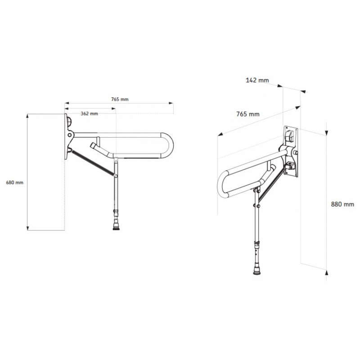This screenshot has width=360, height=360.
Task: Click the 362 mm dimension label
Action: (89, 113)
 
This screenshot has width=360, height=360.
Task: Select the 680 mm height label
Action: (15, 182)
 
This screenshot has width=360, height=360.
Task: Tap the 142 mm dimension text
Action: (257, 80)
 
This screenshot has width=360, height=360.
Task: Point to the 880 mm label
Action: (342, 204)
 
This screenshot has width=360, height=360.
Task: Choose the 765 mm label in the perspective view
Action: (248, 114)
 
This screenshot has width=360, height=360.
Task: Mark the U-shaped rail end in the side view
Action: (170, 146)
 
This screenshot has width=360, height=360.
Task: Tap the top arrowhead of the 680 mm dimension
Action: (28, 116)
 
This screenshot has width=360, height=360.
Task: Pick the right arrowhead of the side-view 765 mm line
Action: (172, 103)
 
